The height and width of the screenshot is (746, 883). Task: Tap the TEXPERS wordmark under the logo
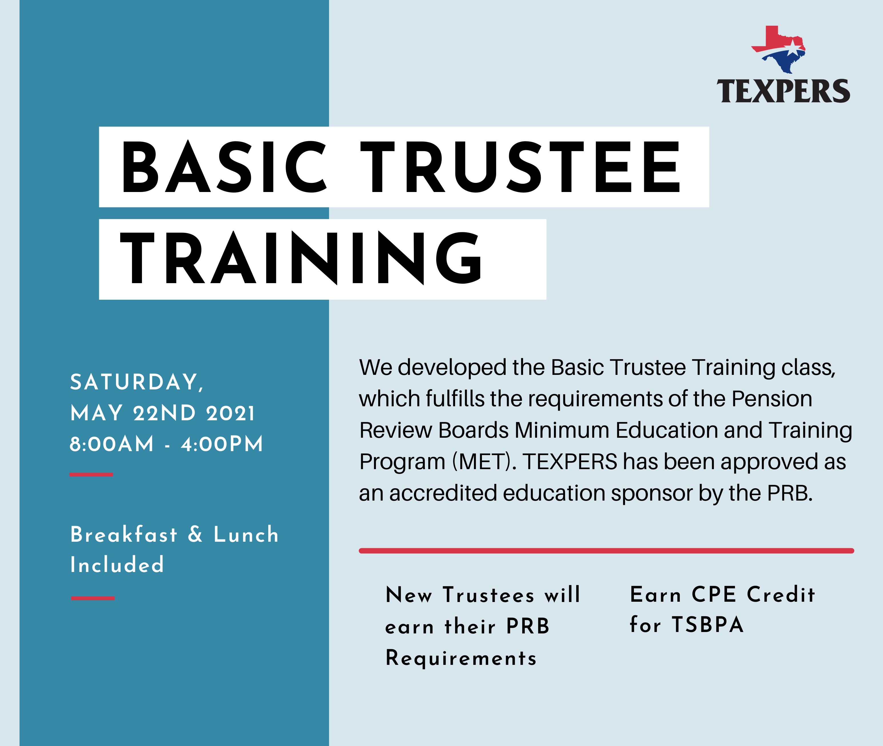pyautogui.click(x=783, y=91)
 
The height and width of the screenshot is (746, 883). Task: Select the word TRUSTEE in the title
pyautogui.click(x=520, y=167)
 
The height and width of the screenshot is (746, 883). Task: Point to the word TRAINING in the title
pyautogui.click(x=301, y=258)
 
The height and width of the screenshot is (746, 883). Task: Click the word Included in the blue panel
pyautogui.click(x=117, y=565)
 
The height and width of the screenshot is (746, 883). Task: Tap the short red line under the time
pyautogui.click(x=91, y=475)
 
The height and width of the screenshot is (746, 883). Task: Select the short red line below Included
pyautogui.click(x=93, y=598)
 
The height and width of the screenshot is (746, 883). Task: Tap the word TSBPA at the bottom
pyautogui.click(x=708, y=625)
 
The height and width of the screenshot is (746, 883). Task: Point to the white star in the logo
pyautogui.click(x=791, y=47)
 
